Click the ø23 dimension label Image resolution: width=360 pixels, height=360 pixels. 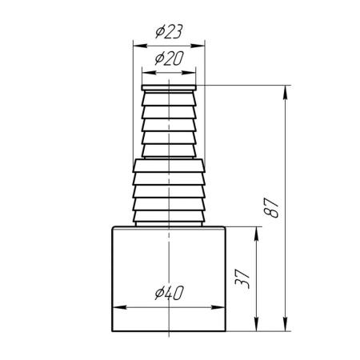pos(169,31)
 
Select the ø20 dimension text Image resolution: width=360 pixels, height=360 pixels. pos(170,58)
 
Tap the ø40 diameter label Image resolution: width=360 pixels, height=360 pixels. pos(170,293)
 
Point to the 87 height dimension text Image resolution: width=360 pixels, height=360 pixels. pos(271,208)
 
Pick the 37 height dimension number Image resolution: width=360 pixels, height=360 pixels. pos(242,279)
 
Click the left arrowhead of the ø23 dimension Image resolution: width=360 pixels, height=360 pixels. pos(140,46)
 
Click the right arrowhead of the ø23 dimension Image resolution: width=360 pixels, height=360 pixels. pos(198,46)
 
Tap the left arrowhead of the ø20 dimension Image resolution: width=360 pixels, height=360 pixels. pos(149,73)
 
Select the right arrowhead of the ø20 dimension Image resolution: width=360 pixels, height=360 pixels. pos(189,73)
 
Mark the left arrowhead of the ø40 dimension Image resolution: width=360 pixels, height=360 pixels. pos(120,307)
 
